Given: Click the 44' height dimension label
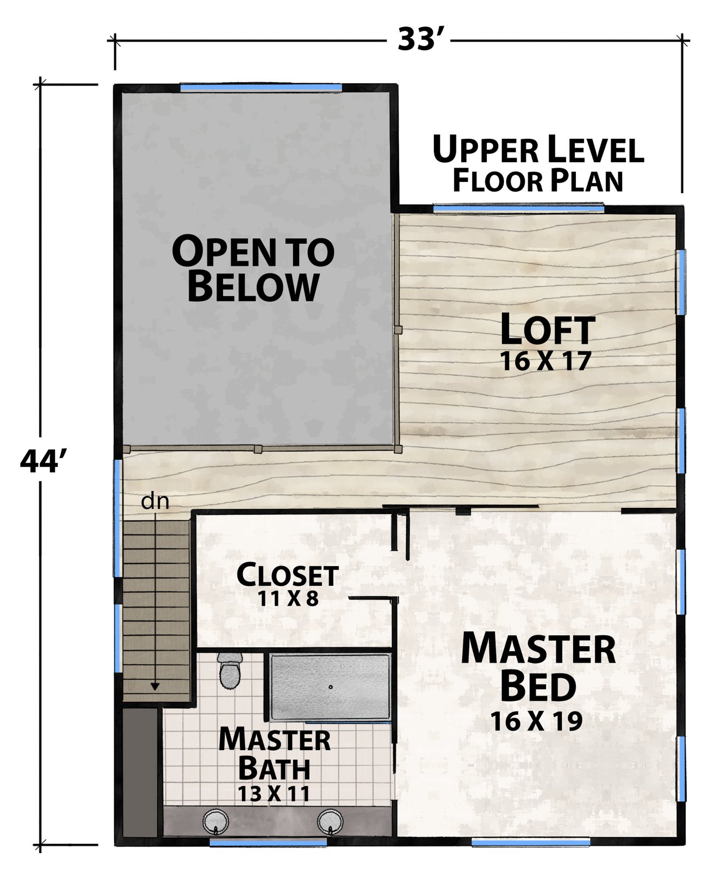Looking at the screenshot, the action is point(43,462).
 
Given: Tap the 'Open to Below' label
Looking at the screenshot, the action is point(253,268).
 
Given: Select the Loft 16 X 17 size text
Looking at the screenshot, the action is point(545,361).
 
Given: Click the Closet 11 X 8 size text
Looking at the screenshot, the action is point(288,599).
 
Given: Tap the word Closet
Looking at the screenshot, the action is point(288,575).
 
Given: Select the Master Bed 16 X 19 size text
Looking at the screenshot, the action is point(537,721).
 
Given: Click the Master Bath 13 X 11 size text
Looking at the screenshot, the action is point(274,793).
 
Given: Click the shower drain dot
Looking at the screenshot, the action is point(330,687).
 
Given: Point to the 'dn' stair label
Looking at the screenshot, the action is point(155,501).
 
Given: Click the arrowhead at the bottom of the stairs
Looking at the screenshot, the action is point(155,686).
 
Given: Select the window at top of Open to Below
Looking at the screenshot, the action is point(261,87).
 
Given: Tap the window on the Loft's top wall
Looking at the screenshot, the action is point(518,207).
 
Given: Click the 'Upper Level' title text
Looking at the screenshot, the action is point(538,150).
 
